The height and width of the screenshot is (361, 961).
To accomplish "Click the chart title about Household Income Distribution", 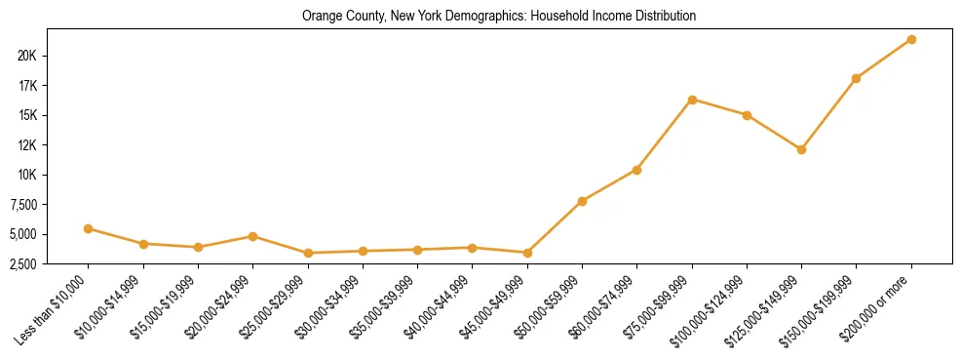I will coord(499,17).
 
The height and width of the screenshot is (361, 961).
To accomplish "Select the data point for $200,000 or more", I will coord(911,39).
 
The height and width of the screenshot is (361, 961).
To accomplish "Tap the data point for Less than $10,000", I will coord(89,228).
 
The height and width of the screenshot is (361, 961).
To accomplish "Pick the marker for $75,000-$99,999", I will coord(692,100).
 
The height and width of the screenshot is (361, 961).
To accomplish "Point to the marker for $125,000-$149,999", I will coord(801,149).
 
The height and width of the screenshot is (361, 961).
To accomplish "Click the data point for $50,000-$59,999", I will coord(582,201).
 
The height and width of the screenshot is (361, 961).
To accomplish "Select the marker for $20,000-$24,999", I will coord(253,236).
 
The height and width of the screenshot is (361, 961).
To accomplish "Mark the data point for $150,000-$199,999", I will coord(856,78).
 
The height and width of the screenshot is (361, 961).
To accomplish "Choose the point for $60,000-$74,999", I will coord(636,170).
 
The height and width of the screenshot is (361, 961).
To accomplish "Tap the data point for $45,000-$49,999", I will coord(527,253).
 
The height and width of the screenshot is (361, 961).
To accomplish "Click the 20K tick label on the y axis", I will coord(27,56).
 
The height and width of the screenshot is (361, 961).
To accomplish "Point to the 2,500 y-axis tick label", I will coord(21,264).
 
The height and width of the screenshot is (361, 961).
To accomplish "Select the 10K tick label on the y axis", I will coord(27,175).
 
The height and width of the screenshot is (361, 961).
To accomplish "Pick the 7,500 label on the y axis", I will coord(21,205).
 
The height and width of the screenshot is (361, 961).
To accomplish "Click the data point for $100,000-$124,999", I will coord(747,115).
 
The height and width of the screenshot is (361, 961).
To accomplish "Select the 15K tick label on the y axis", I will coord(27,115).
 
